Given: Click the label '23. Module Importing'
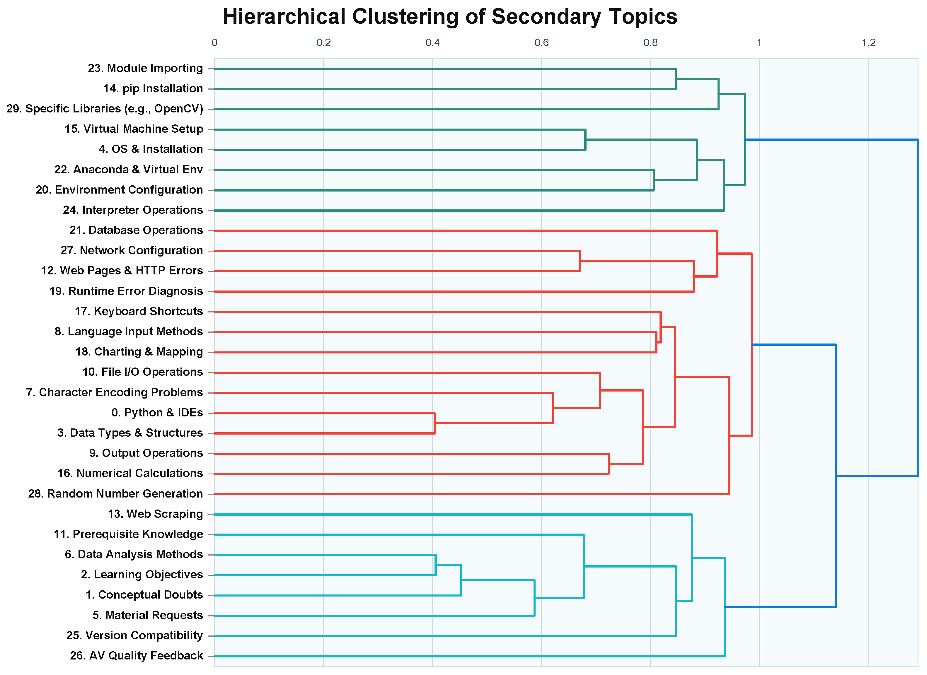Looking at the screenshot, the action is tap(146, 68).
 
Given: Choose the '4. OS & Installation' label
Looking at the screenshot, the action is tap(151, 149).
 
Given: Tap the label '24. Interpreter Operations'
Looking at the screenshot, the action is tap(133, 210).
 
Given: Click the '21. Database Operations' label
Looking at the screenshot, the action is tap(136, 230).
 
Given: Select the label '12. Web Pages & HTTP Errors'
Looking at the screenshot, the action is tap(122, 271).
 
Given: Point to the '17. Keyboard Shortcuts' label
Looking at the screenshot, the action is tap(139, 311).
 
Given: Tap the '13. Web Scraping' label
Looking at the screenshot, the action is tap(155, 514).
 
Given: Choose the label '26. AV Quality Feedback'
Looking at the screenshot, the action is tap(137, 656).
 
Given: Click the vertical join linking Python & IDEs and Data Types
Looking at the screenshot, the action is tap(434, 423).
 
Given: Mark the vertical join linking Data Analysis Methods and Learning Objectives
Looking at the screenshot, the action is tap(436, 565).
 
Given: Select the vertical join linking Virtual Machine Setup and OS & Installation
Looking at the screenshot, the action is tap(585, 139).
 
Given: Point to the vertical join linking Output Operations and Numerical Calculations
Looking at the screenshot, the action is tap(609, 464).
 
